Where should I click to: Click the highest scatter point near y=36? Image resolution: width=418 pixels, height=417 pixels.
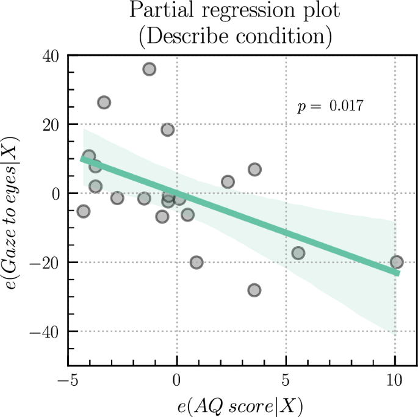149,69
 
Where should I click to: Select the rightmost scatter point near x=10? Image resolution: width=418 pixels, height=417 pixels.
397,262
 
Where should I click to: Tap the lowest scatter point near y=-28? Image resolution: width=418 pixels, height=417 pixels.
254,290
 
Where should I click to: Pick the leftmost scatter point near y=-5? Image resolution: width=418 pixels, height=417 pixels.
83,211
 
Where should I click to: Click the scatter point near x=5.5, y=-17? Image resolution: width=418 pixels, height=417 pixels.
298,253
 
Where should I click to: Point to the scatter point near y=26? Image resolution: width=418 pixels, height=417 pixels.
104,103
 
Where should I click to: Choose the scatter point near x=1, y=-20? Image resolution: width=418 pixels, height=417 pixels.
196,263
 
